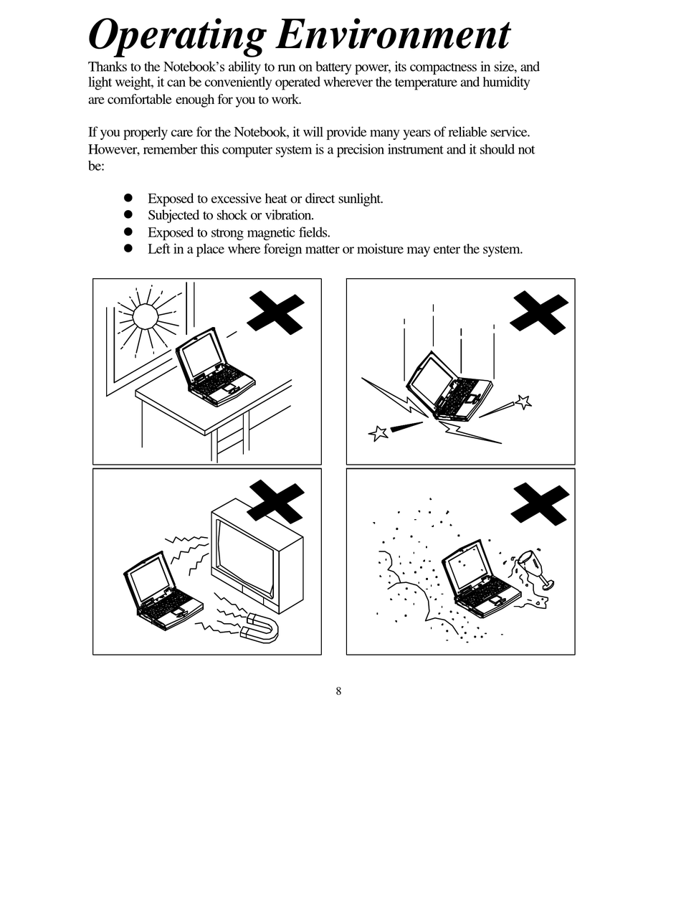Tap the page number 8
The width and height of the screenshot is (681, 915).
[338, 691]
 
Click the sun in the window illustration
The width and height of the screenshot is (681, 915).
[145, 316]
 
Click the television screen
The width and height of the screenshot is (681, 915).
[244, 556]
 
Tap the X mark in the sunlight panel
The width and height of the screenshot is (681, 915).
[276, 312]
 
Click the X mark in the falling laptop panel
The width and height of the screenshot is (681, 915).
[539, 312]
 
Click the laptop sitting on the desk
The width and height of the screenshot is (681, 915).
[214, 368]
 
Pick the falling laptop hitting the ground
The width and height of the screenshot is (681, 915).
[449, 387]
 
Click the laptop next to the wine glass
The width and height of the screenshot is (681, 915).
[478, 579]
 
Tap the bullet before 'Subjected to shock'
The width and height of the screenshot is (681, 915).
[128, 214]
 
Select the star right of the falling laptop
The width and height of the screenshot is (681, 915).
[523, 402]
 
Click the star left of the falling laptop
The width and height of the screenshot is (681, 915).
[378, 432]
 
